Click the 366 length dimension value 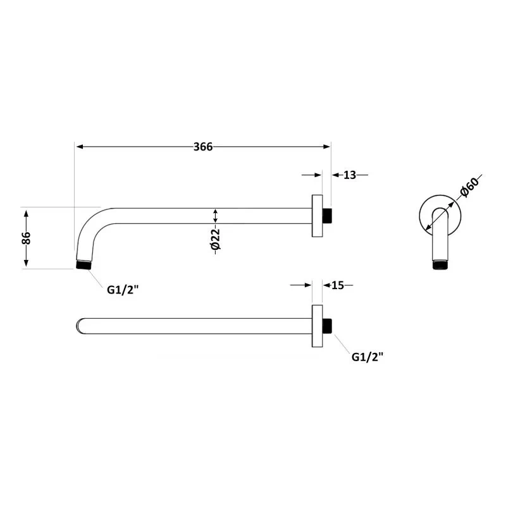(x=202, y=147)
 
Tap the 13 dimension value (x=350, y=175)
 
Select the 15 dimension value (x=337, y=285)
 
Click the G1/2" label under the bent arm (x=123, y=290)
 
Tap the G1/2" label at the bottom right (x=367, y=357)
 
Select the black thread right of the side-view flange (x=327, y=216)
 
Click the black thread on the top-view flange (x=327, y=326)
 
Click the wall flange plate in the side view (x=317, y=216)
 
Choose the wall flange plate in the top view (x=317, y=326)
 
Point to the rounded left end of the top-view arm (x=78, y=326)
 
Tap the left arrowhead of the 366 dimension (x=79, y=147)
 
